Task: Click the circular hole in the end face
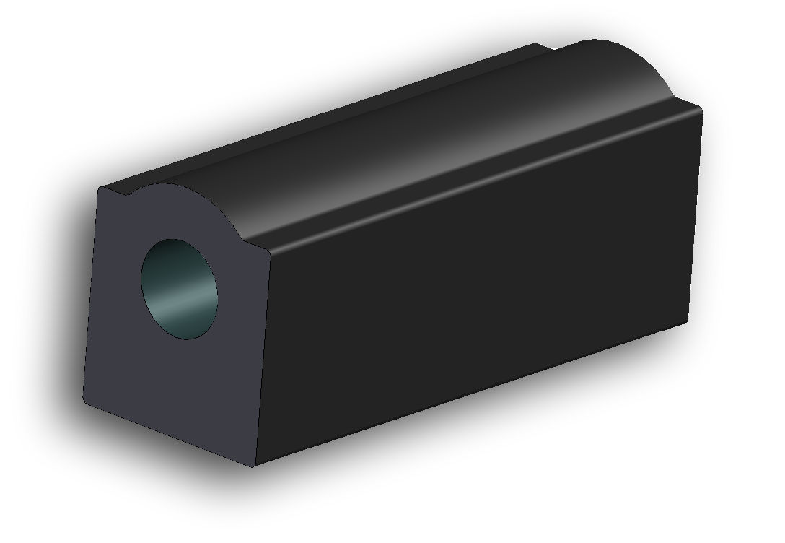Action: click(181, 290)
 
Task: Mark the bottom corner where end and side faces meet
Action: click(254, 466)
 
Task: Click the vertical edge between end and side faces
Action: click(262, 361)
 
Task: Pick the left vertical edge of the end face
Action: click(92, 296)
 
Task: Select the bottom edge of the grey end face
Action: click(170, 436)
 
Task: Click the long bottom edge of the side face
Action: click(469, 394)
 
